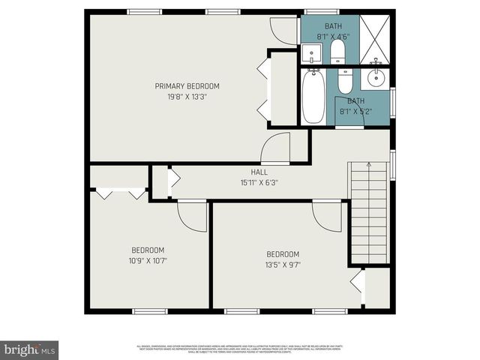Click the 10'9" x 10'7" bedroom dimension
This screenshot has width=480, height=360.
[x=148, y=261]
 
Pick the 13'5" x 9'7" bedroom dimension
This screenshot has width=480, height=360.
[x=283, y=264]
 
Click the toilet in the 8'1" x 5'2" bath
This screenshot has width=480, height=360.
[x=345, y=80]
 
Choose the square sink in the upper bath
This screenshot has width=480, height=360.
[x=311, y=53]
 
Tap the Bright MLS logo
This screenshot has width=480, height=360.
[x=29, y=349]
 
